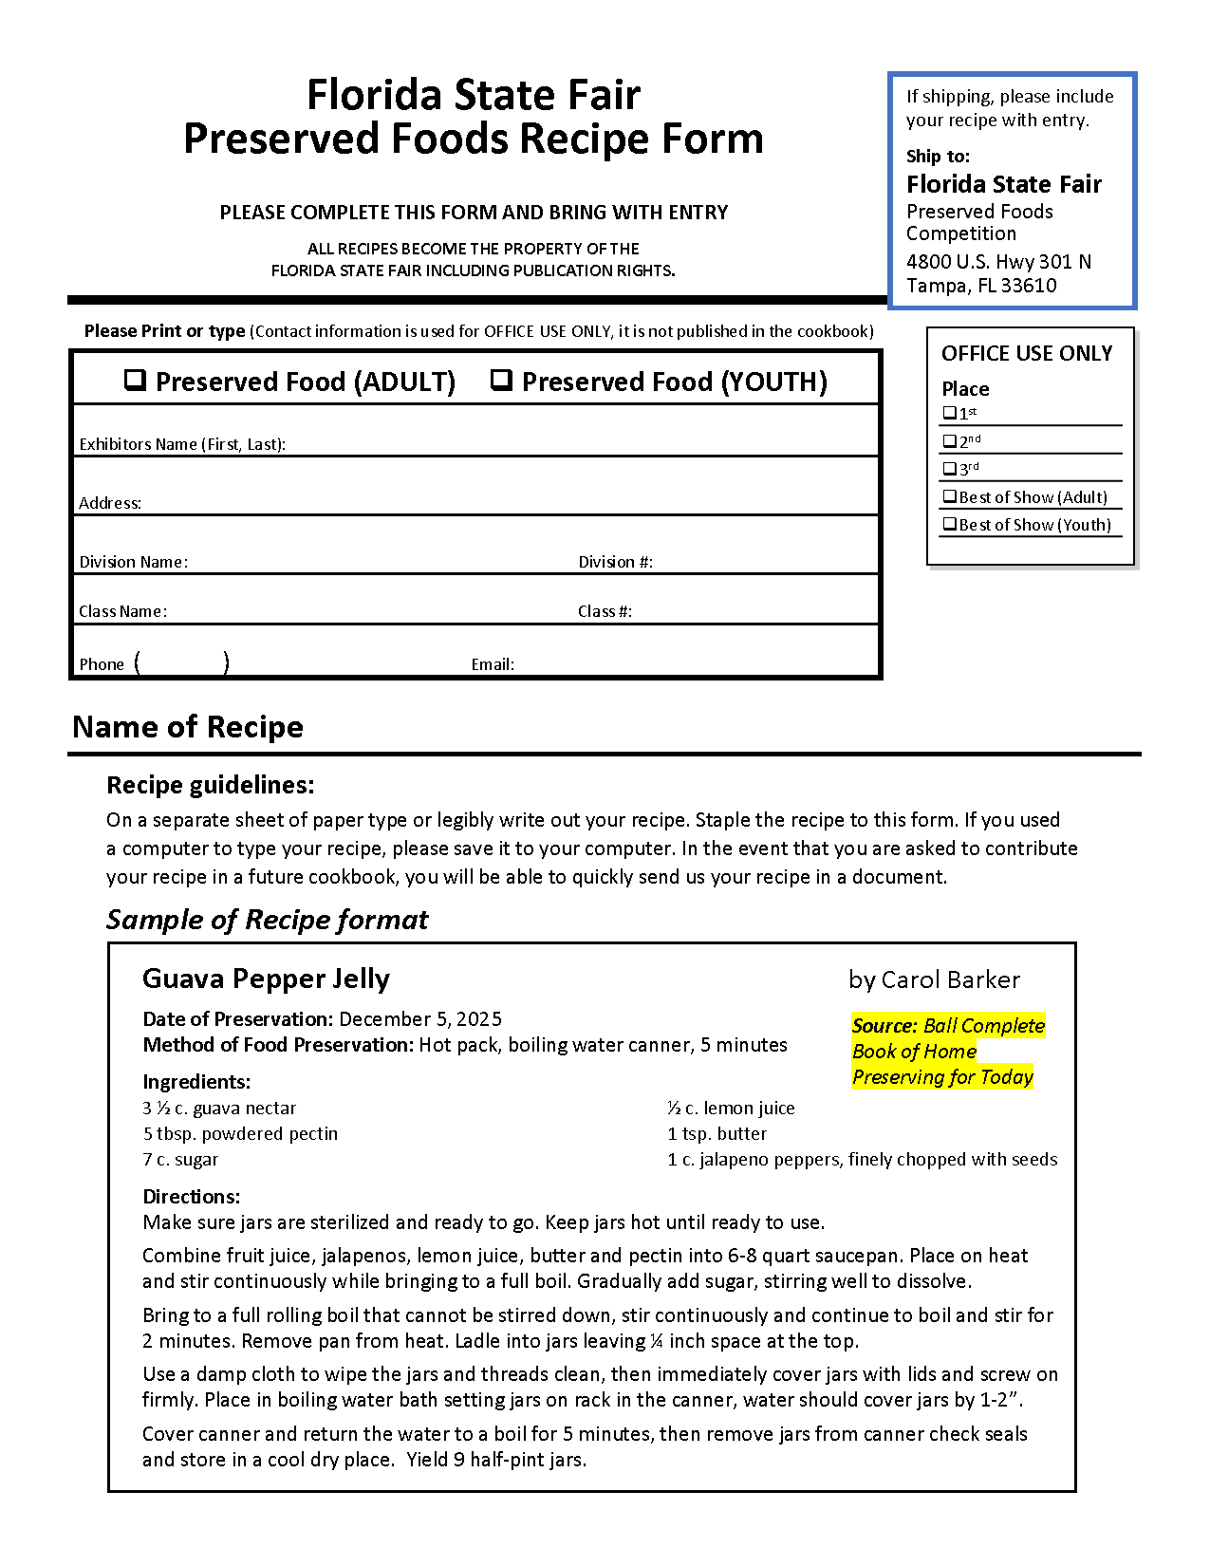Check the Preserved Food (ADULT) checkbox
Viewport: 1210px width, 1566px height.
pos(136,381)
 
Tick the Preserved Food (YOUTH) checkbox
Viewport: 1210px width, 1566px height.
pos(501,381)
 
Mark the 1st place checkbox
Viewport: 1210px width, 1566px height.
pos(949,413)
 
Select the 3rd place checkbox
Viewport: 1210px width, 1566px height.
pos(949,468)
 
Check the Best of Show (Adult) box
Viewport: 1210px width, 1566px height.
pos(949,496)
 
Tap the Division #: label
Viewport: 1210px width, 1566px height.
pos(615,562)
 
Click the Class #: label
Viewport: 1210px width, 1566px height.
pos(605,611)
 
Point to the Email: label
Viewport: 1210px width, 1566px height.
pos(493,664)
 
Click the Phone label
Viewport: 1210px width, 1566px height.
pos(102,664)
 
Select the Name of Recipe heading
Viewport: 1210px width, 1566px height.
pos(188,727)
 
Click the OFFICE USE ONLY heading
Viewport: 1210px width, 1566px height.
pos(1027,353)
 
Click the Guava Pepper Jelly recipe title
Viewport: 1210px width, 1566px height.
pos(266,979)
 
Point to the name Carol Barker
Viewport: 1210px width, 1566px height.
pos(950,979)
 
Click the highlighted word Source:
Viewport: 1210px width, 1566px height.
pos(884,1025)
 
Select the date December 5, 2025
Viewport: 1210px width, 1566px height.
pos(420,1019)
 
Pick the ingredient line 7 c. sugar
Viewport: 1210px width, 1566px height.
pos(180,1159)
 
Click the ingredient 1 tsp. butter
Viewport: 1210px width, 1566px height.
pos(717,1133)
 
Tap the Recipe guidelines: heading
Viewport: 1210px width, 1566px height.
pos(210,785)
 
